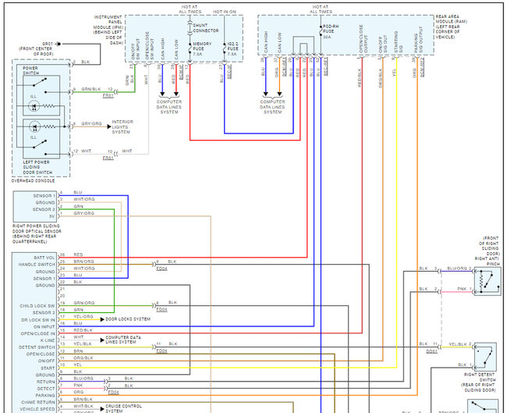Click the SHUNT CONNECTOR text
pyautogui.click(x=206, y=29)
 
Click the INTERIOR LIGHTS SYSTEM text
pyautogui.click(x=122, y=126)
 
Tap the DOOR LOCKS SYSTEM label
pyautogui.click(x=128, y=319)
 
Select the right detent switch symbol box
pyautogui.click(x=485, y=355)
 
